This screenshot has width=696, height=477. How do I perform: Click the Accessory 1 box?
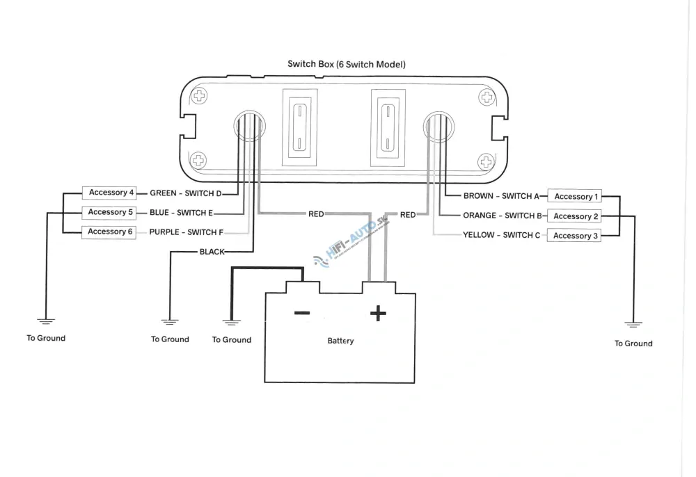(575, 196)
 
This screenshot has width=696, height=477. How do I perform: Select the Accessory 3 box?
(574, 236)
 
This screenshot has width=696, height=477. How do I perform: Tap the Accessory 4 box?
(109, 193)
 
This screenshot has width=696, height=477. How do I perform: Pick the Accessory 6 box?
(109, 232)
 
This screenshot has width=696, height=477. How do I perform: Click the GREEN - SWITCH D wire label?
(186, 193)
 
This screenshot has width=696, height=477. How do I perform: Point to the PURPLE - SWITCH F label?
(186, 232)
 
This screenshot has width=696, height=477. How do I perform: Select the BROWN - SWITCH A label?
(501, 196)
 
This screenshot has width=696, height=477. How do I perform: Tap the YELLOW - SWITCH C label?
(502, 235)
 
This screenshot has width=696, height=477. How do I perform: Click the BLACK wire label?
(212, 252)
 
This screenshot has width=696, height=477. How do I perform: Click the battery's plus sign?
(378, 314)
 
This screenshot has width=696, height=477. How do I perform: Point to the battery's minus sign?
(302, 313)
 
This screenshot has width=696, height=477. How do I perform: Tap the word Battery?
(340, 341)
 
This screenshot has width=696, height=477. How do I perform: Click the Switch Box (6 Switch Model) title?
(346, 64)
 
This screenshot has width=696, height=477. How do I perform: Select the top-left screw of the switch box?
(199, 96)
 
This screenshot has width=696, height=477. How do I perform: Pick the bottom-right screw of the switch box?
(486, 161)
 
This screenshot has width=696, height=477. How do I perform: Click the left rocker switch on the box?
(299, 128)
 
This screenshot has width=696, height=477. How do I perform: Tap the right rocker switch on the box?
(388, 128)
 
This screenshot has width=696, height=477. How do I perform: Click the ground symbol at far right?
(633, 325)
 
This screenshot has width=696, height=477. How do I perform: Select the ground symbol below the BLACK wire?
(170, 322)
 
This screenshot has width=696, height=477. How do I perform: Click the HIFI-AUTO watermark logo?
(351, 242)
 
